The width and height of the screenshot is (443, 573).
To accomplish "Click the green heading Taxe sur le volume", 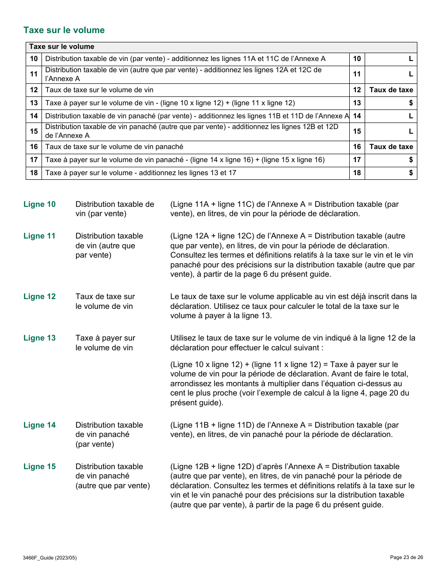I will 64,30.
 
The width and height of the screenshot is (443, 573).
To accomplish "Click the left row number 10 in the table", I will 34,59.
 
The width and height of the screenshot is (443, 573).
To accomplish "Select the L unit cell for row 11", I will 391,74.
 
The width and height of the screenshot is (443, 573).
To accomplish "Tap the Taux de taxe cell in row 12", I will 391,90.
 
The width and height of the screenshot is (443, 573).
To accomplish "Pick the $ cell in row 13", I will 391,103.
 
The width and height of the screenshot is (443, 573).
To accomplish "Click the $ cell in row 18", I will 391,173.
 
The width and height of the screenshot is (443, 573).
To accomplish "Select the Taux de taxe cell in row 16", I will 391,147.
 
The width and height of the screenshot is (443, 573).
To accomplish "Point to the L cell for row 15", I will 391,131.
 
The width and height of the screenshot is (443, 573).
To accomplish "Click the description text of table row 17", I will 185,160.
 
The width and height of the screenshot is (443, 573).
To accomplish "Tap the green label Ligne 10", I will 40,205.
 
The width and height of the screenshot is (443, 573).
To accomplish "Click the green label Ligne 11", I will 40,236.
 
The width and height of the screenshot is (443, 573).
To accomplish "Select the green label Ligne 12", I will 40,297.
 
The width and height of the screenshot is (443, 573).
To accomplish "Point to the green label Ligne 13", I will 40,338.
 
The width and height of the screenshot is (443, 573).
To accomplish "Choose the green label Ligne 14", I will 40,425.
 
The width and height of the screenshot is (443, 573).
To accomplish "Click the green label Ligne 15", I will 40,467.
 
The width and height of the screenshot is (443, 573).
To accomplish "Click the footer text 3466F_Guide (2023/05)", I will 50,558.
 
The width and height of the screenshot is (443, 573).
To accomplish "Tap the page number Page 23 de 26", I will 406,557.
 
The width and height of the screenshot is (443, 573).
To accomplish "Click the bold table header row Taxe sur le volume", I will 62,47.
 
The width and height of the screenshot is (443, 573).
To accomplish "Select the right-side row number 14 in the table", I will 357,116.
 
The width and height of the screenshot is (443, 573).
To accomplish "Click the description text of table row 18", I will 140,173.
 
